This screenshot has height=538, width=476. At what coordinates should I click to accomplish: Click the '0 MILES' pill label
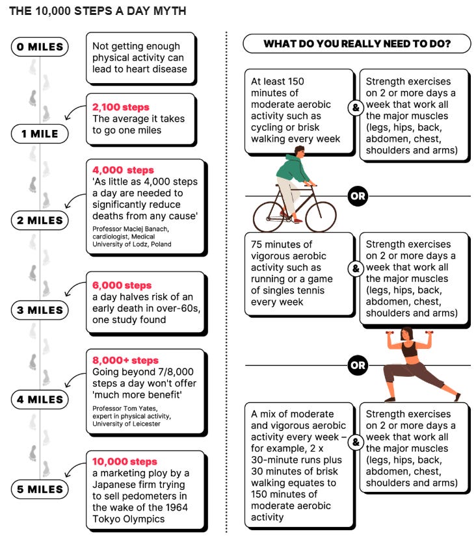pyautogui.click(x=40, y=47)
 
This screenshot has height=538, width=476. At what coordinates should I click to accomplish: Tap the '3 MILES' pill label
pyautogui.click(x=40, y=310)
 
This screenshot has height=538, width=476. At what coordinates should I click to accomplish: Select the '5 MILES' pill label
pyautogui.click(x=40, y=489)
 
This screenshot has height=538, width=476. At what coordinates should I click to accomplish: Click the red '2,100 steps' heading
pyautogui.click(x=121, y=107)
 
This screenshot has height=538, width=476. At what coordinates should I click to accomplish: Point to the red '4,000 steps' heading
pyautogui.click(x=123, y=170)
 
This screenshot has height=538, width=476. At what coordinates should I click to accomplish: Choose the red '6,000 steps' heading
pyautogui.click(x=122, y=285)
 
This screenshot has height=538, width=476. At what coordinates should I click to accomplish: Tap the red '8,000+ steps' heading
pyautogui.click(x=126, y=361)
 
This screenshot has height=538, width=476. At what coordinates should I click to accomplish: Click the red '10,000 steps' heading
pyautogui.click(x=125, y=461)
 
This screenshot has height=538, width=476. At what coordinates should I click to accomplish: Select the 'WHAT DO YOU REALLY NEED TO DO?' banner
pyautogui.click(x=356, y=44)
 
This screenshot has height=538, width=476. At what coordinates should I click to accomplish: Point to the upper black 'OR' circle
pyautogui.click(x=358, y=196)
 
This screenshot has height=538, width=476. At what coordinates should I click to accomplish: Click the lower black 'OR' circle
pyautogui.click(x=358, y=365)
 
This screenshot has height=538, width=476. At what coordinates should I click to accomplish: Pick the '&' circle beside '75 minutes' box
pyautogui.click(x=356, y=268)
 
